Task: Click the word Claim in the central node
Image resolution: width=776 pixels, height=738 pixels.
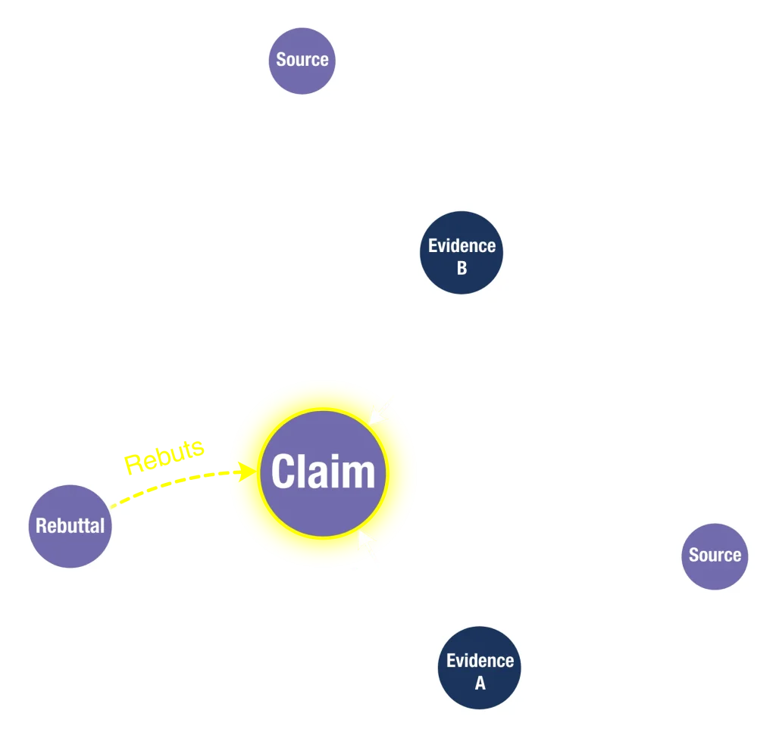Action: pyautogui.click(x=324, y=472)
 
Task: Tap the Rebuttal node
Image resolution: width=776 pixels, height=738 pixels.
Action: pyautogui.click(x=70, y=525)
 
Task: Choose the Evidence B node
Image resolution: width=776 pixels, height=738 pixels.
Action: pyautogui.click(x=462, y=256)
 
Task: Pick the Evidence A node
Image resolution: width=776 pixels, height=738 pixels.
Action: pyautogui.click(x=480, y=671)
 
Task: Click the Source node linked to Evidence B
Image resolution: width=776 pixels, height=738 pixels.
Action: pyautogui.click(x=302, y=60)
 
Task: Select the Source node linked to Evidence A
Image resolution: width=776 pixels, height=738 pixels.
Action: pyautogui.click(x=714, y=555)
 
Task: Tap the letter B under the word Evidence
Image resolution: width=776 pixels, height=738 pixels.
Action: pyautogui.click(x=462, y=268)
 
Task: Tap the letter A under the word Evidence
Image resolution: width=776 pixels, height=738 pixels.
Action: pyautogui.click(x=480, y=683)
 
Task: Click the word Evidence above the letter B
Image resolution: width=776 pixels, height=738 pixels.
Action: pyautogui.click(x=462, y=245)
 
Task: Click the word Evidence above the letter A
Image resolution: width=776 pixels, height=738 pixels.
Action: pyautogui.click(x=480, y=660)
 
